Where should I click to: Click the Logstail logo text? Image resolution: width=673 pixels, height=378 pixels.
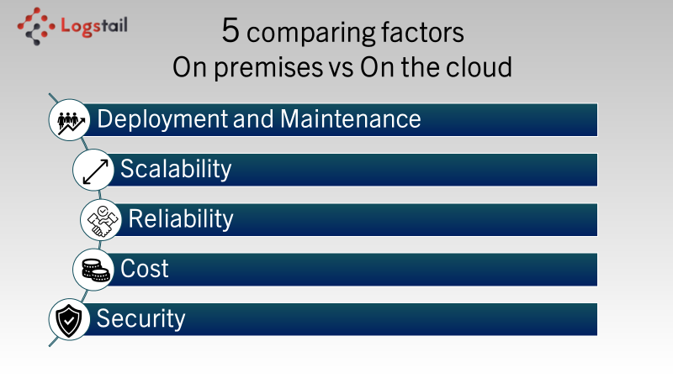pyautogui.click(x=94, y=26)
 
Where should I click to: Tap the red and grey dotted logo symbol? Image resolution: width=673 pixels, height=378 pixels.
pyautogui.click(x=36, y=26)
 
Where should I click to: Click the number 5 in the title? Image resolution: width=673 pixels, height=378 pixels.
pyautogui.click(x=231, y=30)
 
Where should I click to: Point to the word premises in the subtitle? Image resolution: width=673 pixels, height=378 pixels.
pyautogui.click(x=268, y=68)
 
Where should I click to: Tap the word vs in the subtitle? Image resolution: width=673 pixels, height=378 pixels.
pyautogui.click(x=342, y=69)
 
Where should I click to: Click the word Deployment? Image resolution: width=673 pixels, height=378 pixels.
pyautogui.click(x=162, y=119)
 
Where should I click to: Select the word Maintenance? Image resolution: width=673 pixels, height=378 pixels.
pyautogui.click(x=350, y=118)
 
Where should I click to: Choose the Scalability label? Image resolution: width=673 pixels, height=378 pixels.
pyautogui.click(x=176, y=169)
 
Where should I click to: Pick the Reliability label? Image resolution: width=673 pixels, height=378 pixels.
pyautogui.click(x=181, y=219)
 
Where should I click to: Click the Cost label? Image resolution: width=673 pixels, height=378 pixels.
pyautogui.click(x=144, y=269)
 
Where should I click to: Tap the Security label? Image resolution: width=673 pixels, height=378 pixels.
pyautogui.click(x=140, y=319)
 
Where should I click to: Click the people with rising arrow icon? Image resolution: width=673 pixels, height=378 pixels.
pyautogui.click(x=71, y=123)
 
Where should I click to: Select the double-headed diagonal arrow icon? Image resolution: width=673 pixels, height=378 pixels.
pyautogui.click(x=95, y=172)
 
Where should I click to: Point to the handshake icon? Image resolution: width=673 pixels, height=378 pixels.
pyautogui.click(x=103, y=221)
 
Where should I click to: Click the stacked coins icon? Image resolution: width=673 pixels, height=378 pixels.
pyautogui.click(x=96, y=270)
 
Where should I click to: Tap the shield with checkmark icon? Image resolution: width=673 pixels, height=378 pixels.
pyautogui.click(x=69, y=320)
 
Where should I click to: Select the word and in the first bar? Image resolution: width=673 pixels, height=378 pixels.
pyautogui.click(x=253, y=119)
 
